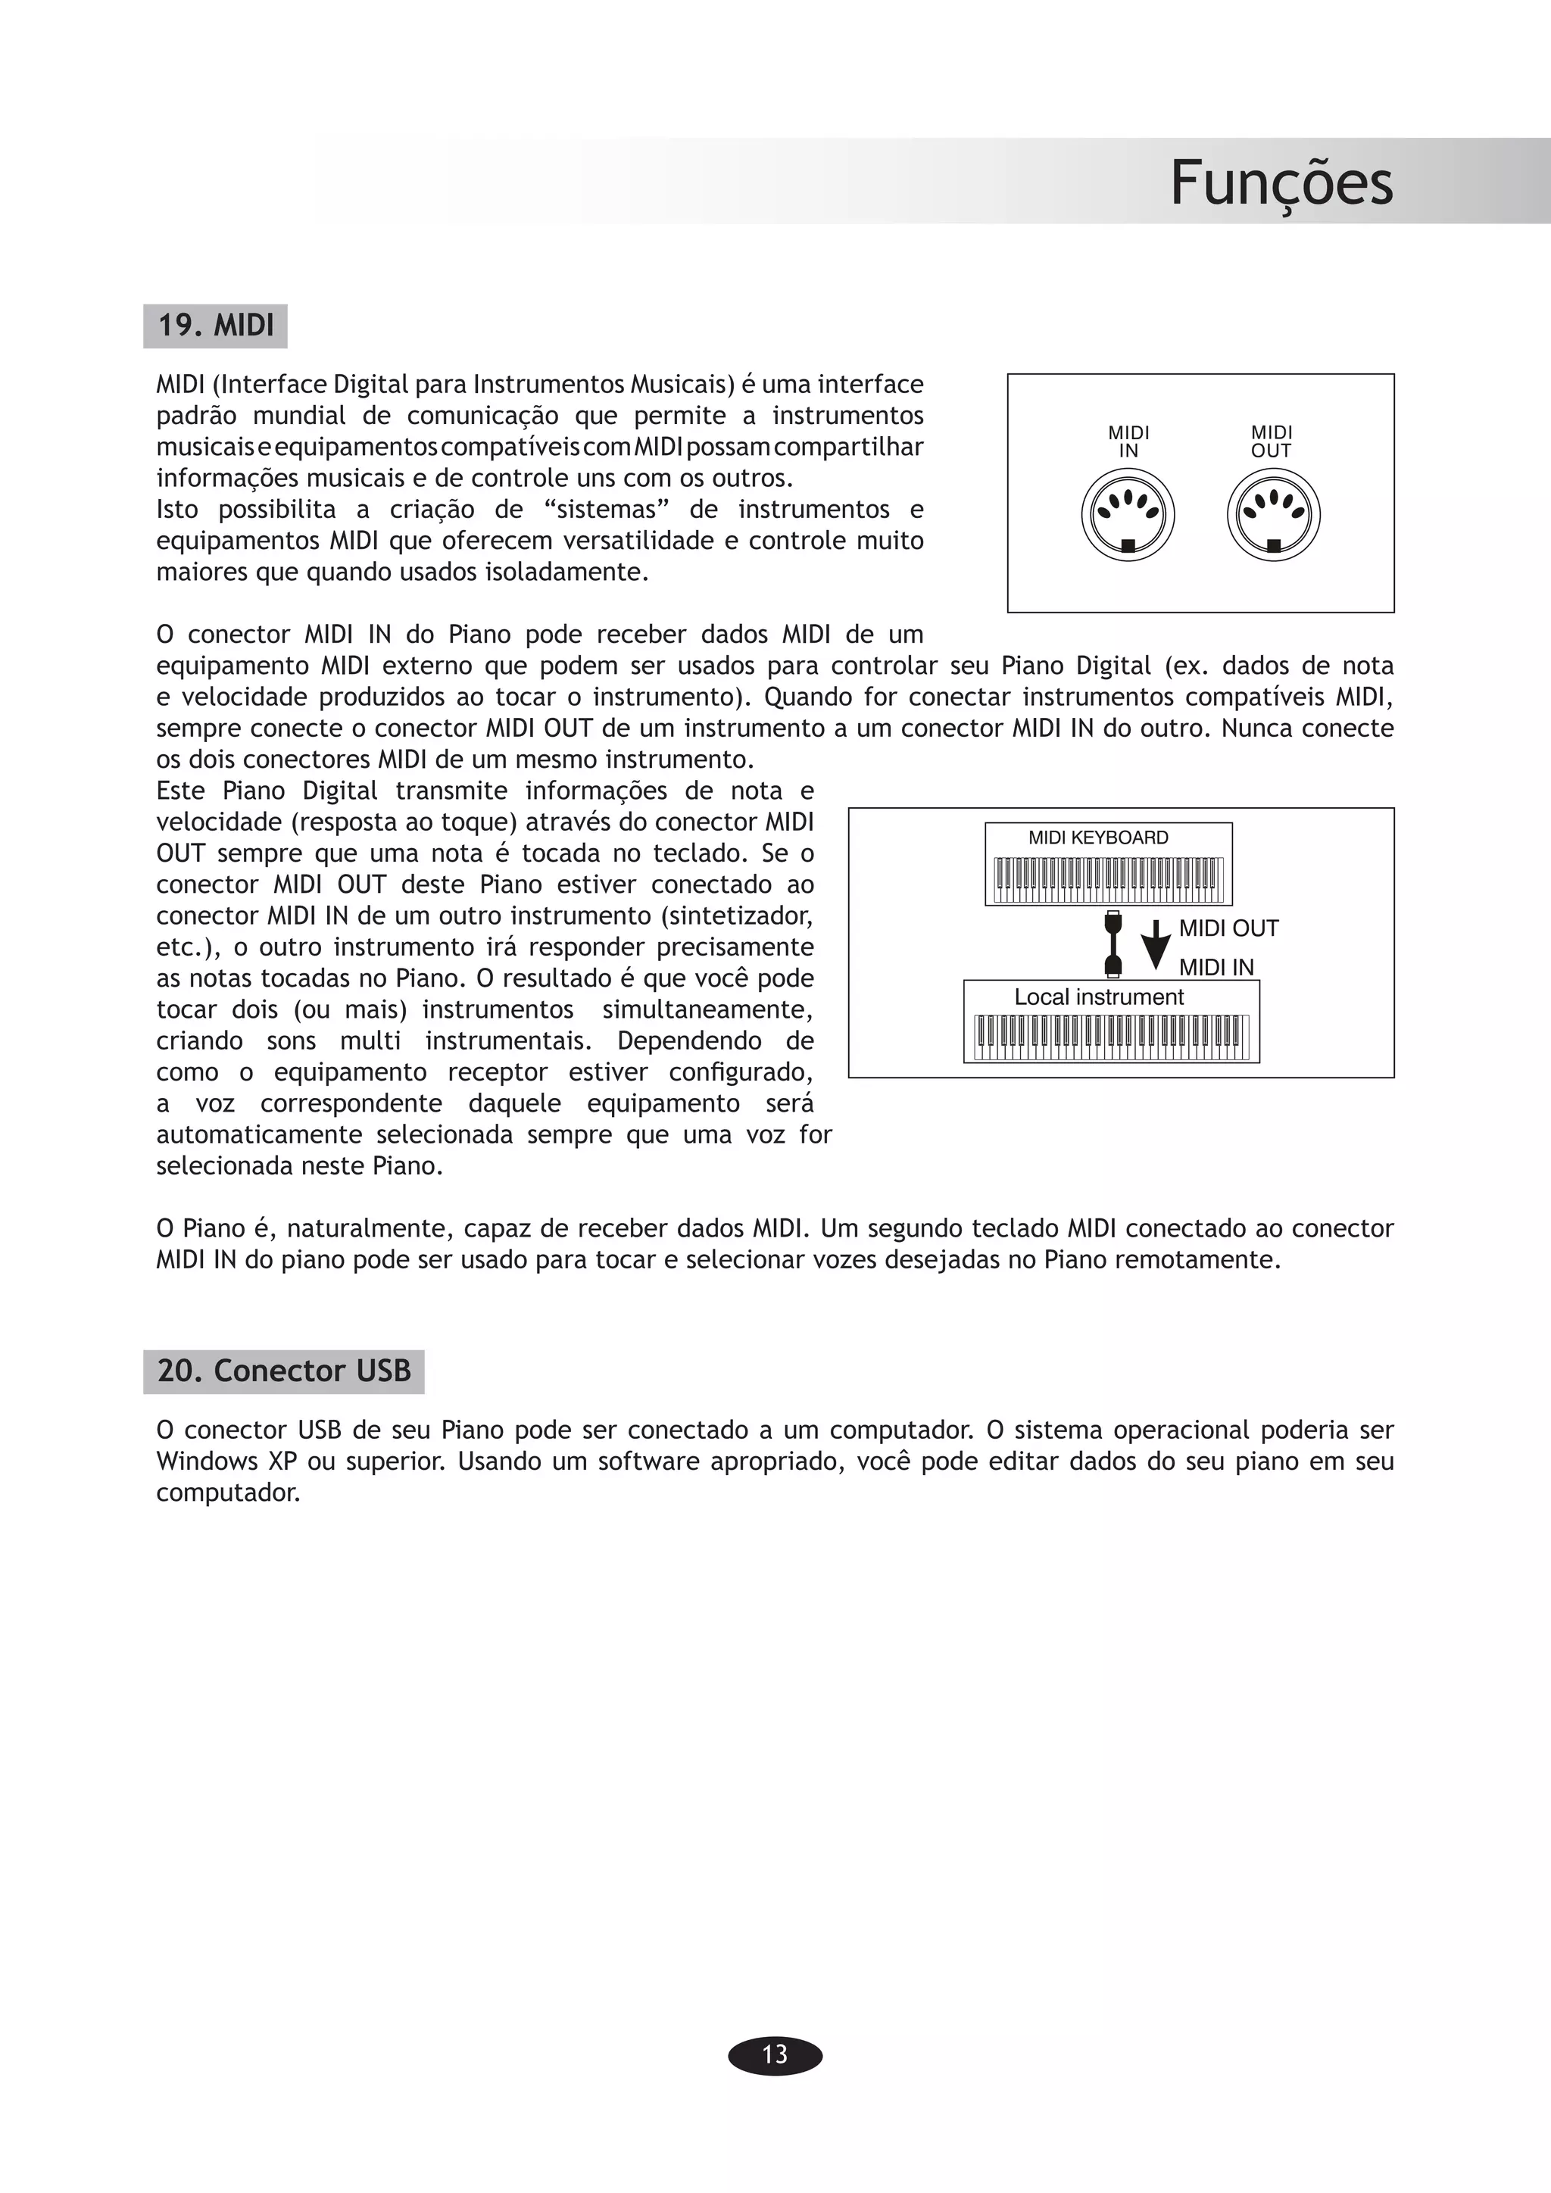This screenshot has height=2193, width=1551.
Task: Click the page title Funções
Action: (1281, 182)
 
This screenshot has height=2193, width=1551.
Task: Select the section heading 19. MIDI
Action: (216, 326)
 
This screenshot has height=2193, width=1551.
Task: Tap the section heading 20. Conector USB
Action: (284, 1371)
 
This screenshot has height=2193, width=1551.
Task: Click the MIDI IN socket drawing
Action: (1128, 516)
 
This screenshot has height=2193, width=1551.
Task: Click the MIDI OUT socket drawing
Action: (1273, 516)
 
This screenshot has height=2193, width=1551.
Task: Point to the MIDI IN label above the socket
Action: (1128, 442)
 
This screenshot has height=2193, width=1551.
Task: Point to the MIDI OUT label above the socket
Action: (1272, 442)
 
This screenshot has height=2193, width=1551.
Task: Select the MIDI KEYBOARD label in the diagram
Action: (1098, 838)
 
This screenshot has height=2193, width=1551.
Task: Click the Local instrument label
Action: (1098, 997)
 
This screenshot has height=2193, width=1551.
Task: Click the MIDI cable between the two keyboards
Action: (1113, 944)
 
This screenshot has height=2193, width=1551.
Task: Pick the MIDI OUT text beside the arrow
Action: (1228, 928)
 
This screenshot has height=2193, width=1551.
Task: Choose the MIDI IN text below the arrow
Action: (1216, 968)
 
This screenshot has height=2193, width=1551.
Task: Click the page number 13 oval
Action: (775, 2054)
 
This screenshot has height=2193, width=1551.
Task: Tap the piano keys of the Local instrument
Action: (1111, 1037)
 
